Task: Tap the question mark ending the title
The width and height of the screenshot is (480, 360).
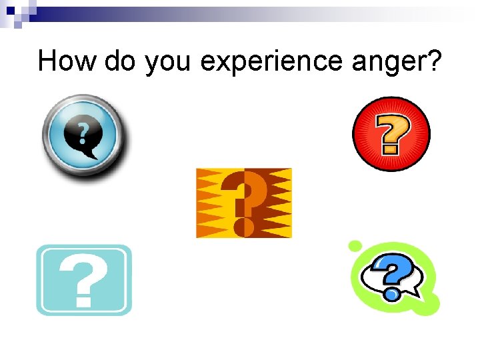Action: pos(435,61)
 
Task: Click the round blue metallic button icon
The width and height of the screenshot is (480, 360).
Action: pos(83,135)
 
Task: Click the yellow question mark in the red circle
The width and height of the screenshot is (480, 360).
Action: pos(392,133)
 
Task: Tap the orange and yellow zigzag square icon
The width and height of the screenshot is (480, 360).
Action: pos(244,203)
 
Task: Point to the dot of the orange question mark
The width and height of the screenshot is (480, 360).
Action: pos(244,227)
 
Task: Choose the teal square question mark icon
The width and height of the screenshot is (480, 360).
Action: pos(84,280)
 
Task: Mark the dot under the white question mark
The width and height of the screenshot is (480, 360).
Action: pos(83,301)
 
